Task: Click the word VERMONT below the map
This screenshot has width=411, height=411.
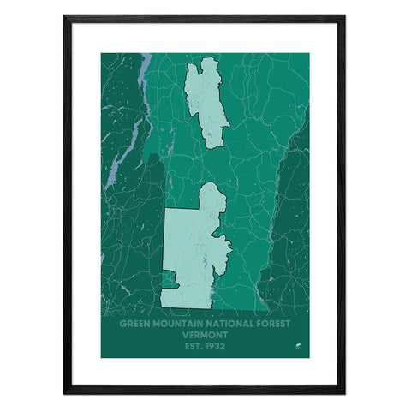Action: coord(205,336)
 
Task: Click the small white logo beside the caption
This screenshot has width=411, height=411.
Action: coord(294,347)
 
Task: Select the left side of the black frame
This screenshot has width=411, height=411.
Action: coord(66,205)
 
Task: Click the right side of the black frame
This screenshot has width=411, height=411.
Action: coord(343,205)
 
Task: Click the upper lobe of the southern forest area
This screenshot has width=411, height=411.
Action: coord(213,201)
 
